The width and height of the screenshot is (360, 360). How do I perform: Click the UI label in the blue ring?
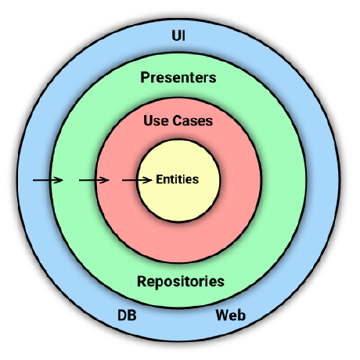tap(178, 36)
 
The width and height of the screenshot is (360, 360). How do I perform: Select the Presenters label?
tap(178, 78)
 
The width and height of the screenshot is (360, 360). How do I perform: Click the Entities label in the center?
tap(178, 179)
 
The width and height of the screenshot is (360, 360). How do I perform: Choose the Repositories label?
tap(181, 281)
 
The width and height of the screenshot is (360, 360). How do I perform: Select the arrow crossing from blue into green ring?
tap(47, 180)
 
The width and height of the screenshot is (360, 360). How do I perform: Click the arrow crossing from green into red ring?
tap(94, 180)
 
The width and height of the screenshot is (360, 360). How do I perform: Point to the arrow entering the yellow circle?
tap(138, 180)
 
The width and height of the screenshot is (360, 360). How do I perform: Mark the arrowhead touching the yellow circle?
tap(149, 180)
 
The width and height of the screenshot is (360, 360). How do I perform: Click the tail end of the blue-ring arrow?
tap(34, 180)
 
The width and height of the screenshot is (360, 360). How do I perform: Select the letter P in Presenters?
tap(145, 78)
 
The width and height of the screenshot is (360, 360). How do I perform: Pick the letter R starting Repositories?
tap(142, 281)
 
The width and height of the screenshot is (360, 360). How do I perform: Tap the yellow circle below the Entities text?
tap(178, 203)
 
